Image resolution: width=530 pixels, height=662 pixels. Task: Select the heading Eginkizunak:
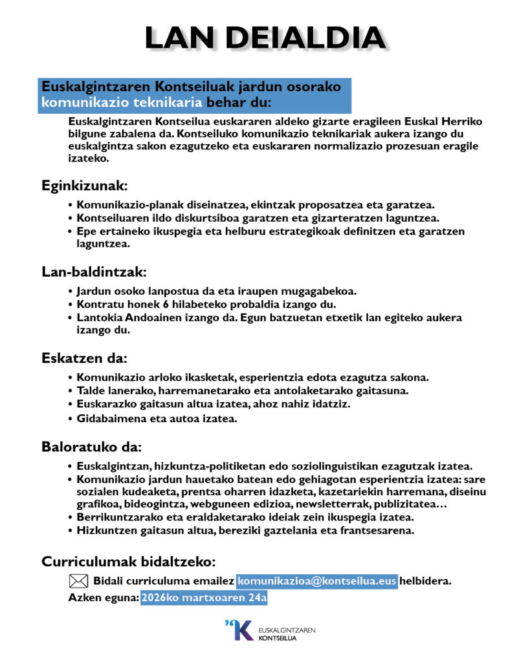point(85,186)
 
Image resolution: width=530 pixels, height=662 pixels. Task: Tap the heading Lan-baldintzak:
point(94,271)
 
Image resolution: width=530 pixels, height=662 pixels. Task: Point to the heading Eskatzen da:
point(84,358)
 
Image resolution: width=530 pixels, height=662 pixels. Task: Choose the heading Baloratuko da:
point(91,447)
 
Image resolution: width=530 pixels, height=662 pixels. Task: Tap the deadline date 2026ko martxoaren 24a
point(204,598)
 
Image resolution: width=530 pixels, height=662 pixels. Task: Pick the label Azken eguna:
point(104,598)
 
